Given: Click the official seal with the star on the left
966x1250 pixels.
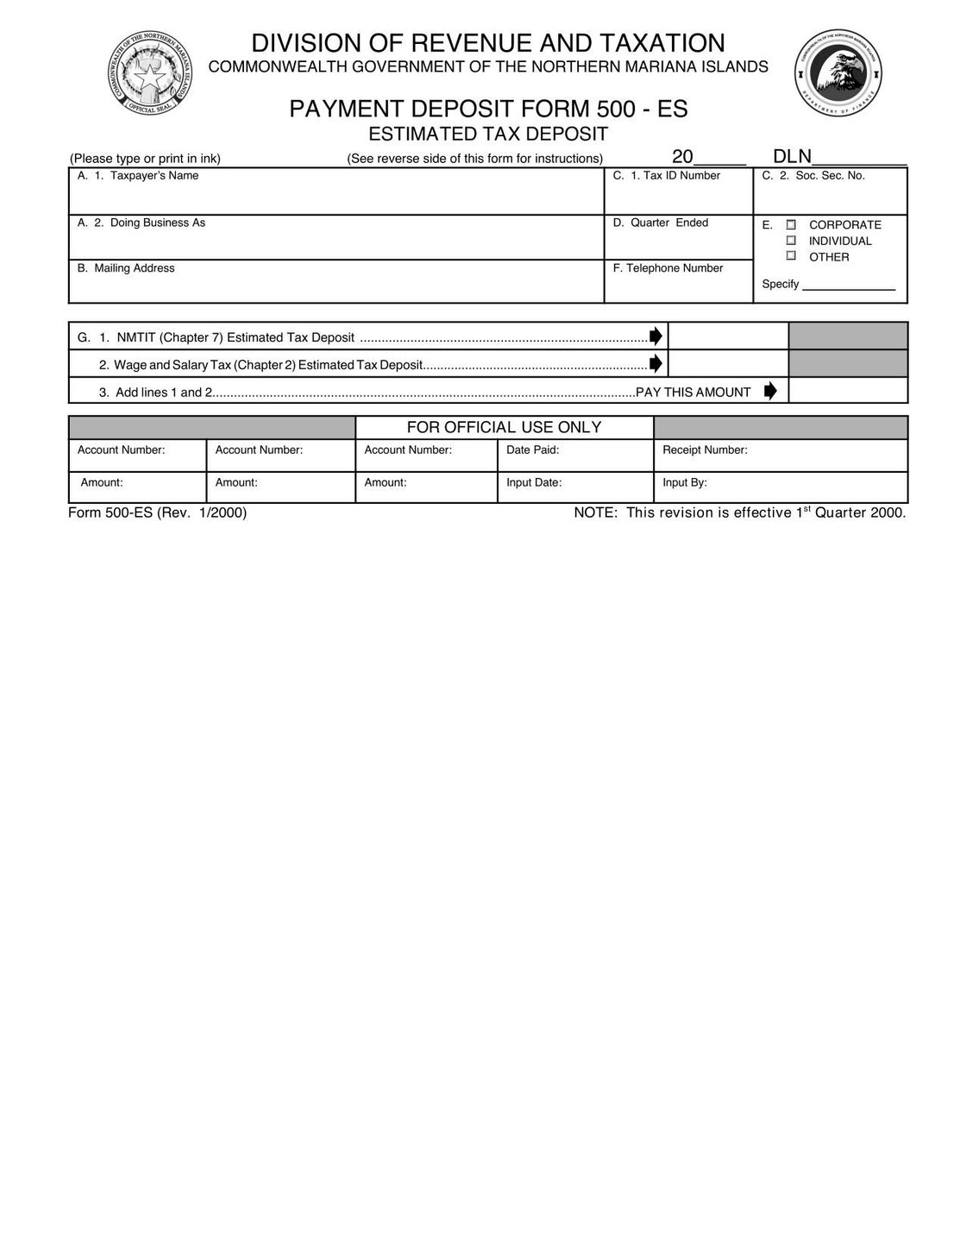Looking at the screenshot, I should [153, 76].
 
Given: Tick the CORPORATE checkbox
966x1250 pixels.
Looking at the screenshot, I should [791, 224].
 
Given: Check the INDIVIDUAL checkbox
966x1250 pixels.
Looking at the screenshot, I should [791, 241].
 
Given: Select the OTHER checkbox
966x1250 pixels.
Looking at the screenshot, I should [791, 256].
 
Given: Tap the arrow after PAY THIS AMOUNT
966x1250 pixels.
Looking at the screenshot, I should [770, 391].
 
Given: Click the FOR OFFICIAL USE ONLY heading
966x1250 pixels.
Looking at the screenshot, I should [504, 427].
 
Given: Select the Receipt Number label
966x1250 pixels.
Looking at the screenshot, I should [705, 450].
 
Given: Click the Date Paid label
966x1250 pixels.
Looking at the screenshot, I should [532, 450].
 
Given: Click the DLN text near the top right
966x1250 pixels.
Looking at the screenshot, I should [792, 157].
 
